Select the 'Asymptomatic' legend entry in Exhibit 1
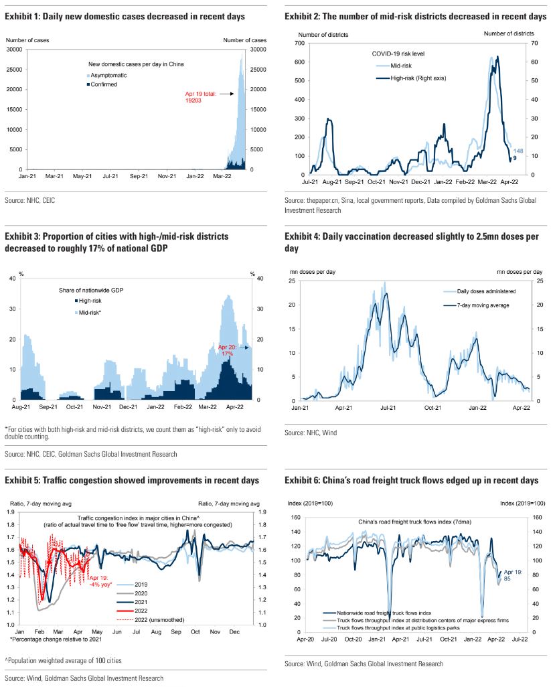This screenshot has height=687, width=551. tap(112, 75)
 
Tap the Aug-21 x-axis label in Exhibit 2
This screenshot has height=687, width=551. tap(331, 182)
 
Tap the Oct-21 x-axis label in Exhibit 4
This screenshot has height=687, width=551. tap(433, 407)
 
